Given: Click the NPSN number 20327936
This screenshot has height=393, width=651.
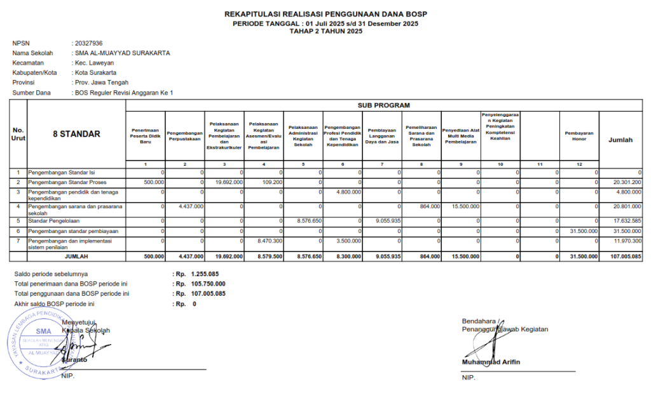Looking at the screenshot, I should click(x=88, y=43).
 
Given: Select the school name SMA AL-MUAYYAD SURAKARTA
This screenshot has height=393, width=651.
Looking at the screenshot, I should click(x=122, y=53).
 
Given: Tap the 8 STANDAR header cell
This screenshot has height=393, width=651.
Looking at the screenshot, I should click(x=76, y=134).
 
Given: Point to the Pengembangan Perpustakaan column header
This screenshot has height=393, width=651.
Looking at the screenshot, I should click(x=185, y=135).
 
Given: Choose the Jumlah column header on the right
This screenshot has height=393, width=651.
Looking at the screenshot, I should click(x=620, y=140).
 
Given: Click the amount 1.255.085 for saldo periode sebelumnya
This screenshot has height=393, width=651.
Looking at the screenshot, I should click(x=205, y=274).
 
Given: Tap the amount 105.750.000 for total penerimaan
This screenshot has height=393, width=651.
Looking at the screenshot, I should click(x=207, y=284).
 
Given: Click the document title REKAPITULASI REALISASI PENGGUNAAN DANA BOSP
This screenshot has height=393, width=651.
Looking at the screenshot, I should click(x=325, y=14).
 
